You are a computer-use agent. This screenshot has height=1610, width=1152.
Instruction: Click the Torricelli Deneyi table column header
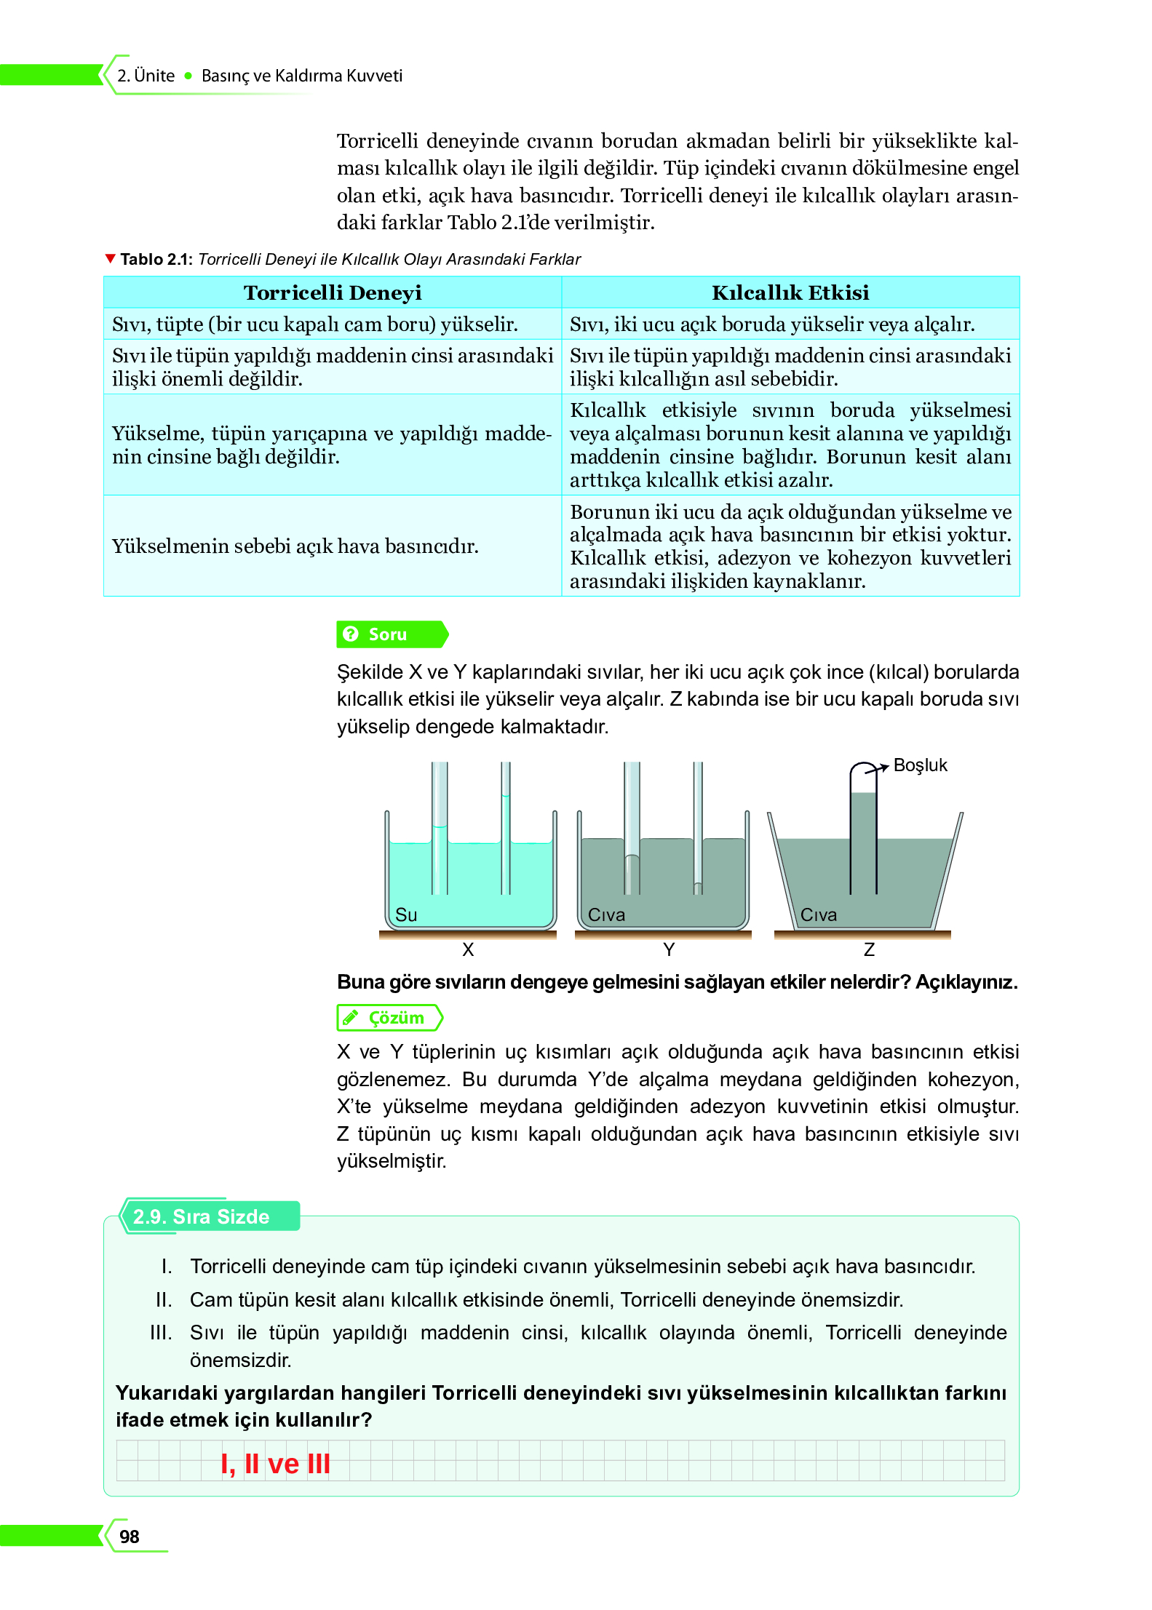click(x=333, y=292)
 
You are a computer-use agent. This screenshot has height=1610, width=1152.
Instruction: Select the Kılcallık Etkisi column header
click(x=790, y=292)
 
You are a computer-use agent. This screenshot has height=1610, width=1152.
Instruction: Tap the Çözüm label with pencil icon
click(x=389, y=1018)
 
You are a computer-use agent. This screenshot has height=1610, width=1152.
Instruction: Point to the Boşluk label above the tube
click(x=920, y=765)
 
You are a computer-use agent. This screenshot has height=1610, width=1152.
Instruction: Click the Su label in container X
click(x=406, y=915)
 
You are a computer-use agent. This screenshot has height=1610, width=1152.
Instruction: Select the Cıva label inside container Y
click(x=606, y=915)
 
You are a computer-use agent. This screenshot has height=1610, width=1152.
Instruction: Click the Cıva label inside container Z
click(x=819, y=915)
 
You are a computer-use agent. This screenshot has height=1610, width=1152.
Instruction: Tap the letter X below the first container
click(x=468, y=950)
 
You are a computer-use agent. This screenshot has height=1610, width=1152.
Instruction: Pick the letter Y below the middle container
click(x=669, y=950)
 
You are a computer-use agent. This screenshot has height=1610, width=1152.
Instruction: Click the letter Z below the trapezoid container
click(x=869, y=950)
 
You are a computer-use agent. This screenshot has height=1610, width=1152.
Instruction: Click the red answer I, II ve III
click(x=275, y=1464)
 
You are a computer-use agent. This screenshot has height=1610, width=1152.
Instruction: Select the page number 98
click(x=130, y=1537)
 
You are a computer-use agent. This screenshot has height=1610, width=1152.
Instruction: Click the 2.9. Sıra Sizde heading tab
click(x=202, y=1217)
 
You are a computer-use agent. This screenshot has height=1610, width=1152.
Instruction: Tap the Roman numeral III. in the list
click(x=161, y=1333)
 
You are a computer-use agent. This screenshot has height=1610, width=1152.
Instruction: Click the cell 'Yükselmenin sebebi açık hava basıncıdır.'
click(x=295, y=546)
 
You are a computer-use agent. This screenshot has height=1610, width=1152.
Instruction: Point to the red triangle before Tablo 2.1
click(x=111, y=259)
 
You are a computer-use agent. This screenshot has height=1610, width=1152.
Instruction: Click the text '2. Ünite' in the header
click(x=146, y=76)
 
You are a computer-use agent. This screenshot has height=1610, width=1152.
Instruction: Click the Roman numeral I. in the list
click(x=167, y=1267)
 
